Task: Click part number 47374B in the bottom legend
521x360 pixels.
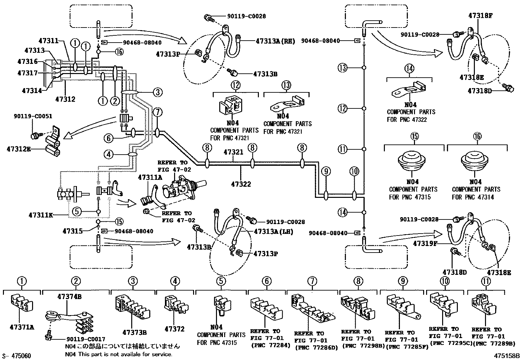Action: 69,297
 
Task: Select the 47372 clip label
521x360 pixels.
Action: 174,329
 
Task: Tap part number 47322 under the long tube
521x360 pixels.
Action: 240,184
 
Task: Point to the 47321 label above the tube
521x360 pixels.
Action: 233,152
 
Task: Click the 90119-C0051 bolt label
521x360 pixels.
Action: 33,116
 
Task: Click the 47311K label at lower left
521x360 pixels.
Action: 41,215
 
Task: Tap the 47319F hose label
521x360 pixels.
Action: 425,243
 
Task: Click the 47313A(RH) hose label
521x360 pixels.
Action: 275,41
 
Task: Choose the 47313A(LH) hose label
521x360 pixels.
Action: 273,232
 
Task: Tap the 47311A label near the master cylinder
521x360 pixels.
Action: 150,178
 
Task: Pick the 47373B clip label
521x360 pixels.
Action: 134,332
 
